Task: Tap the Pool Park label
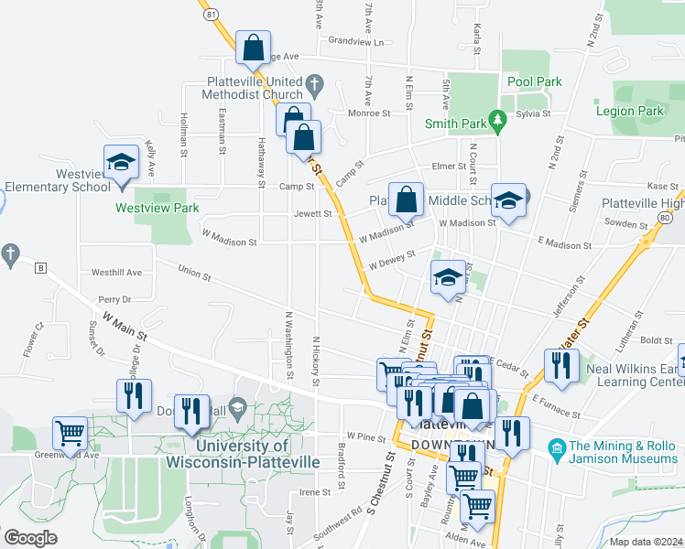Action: [535, 81]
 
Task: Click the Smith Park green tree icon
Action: [498, 120]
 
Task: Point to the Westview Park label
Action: [158, 208]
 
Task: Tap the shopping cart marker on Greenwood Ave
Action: [70, 433]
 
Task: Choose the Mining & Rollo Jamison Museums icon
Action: [555, 447]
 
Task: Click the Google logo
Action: [30, 538]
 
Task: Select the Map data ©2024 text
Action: [645, 541]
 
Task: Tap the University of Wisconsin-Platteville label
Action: [242, 454]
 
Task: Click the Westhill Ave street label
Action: [116, 273]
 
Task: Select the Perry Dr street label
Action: [114, 299]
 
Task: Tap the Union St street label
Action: [194, 272]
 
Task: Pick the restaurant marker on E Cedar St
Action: [559, 365]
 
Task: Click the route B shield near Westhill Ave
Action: [40, 268]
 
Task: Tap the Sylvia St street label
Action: [532, 114]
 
